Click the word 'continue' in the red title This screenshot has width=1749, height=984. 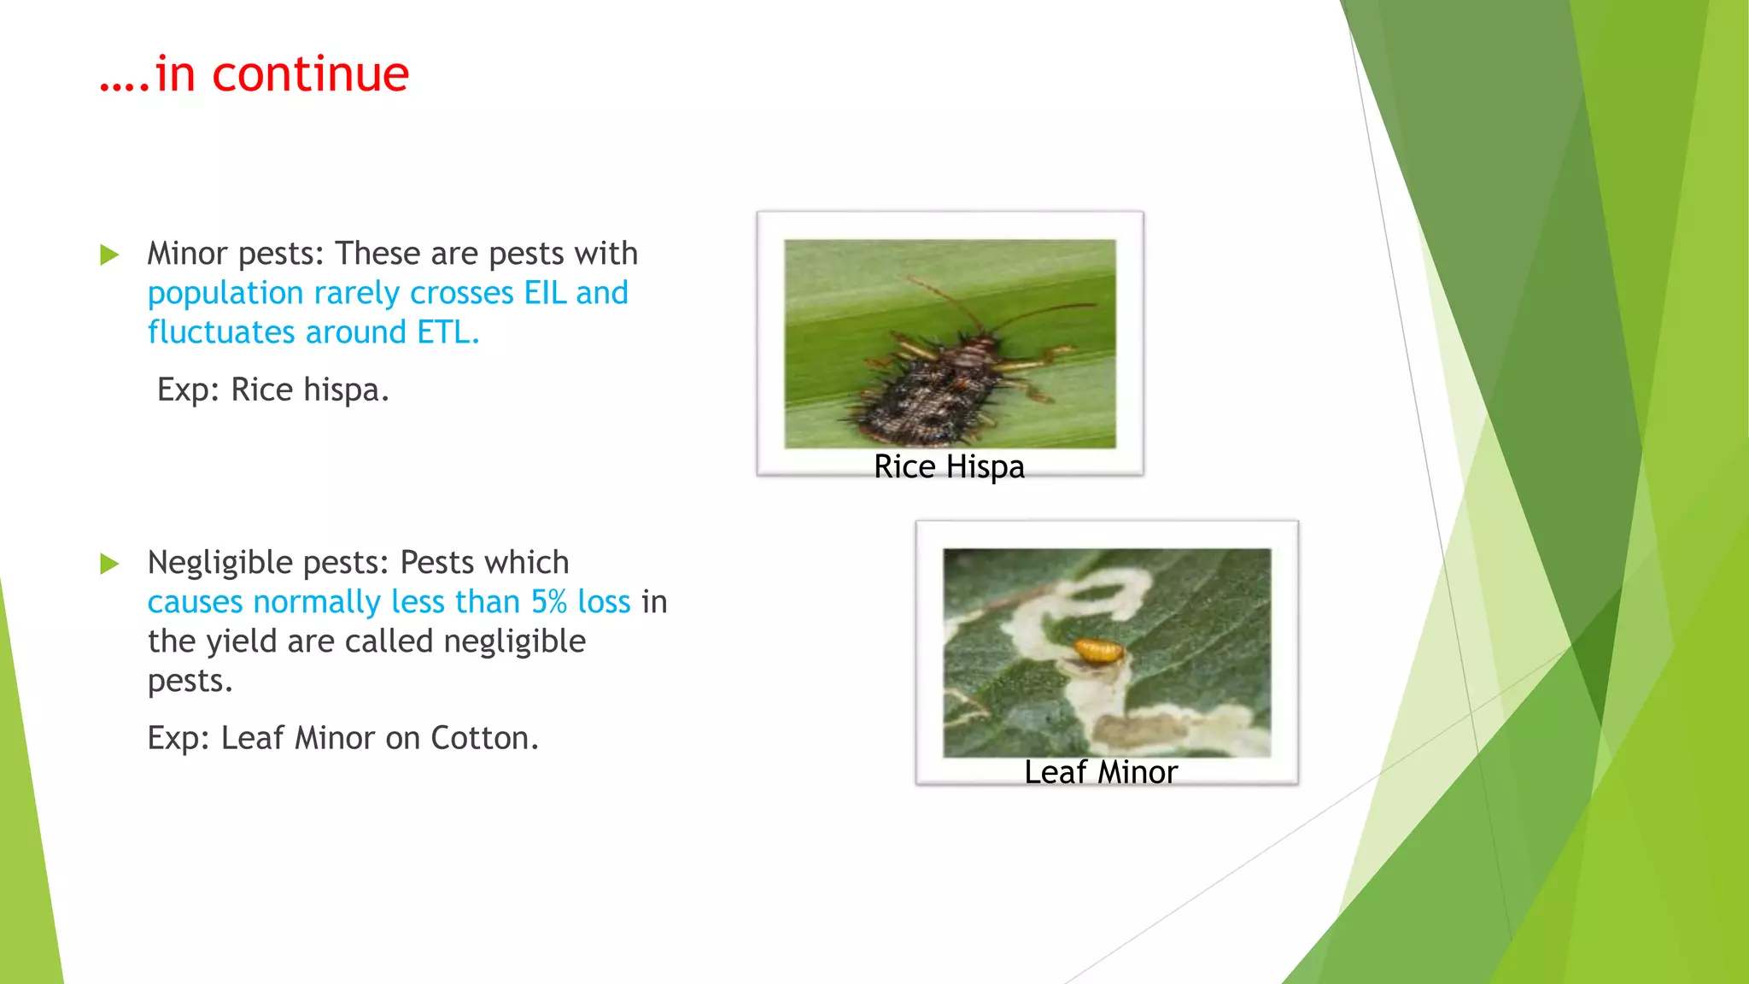coord(310,74)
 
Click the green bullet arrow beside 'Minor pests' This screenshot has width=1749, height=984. coord(109,255)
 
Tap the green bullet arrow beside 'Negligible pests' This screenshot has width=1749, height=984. coord(109,564)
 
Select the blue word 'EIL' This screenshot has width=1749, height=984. coord(545,293)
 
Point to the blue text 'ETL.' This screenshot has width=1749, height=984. coord(448,332)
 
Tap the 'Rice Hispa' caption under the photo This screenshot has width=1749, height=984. coord(949,467)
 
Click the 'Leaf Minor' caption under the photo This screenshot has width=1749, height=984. coord(1100,772)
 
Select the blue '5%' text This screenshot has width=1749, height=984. coord(548,602)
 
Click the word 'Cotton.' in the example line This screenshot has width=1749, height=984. coord(484,738)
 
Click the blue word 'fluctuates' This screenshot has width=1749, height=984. coord(221,332)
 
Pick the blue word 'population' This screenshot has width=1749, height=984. coord(225,294)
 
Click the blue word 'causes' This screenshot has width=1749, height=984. coord(196,602)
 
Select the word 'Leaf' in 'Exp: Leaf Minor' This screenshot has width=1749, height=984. coord(252,738)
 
